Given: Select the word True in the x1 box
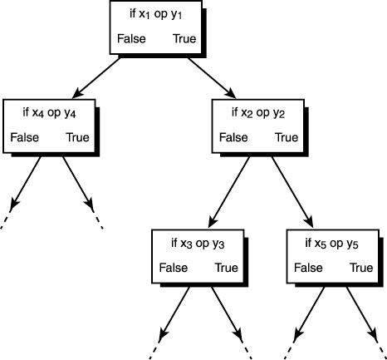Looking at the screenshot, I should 185,39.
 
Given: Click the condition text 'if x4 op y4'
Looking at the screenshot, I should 50,111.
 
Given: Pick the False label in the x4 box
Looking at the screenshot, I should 24,137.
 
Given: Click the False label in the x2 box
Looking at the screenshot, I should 233,137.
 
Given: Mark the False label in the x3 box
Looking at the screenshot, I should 172,268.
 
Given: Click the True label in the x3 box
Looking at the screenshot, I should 225,268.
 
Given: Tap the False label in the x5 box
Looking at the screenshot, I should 307,268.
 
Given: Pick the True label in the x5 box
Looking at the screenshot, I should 360,268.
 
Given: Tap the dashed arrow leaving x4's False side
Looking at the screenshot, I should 25,183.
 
